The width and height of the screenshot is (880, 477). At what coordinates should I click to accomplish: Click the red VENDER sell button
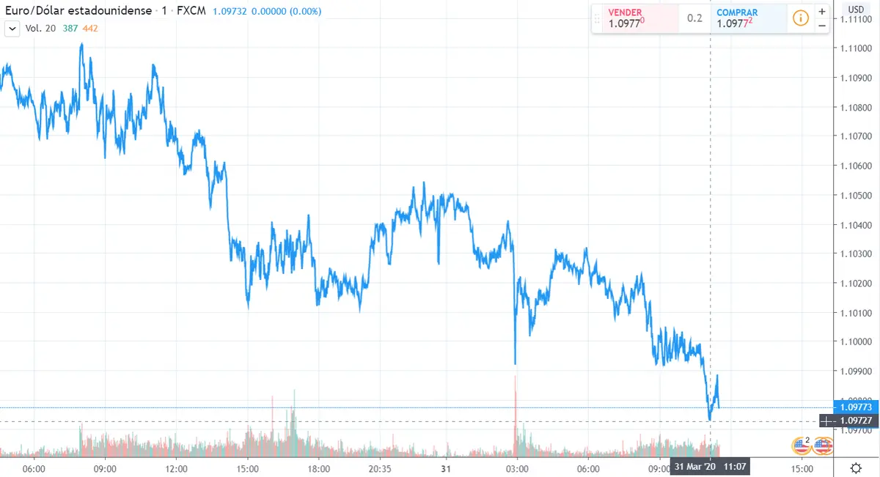(x=634, y=18)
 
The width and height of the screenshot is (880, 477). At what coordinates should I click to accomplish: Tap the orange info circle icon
(x=801, y=18)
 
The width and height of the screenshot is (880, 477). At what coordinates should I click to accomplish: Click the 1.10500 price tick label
(x=856, y=195)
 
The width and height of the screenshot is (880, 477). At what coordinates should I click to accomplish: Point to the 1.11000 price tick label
(x=856, y=48)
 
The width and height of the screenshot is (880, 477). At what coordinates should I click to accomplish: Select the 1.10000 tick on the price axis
(x=856, y=341)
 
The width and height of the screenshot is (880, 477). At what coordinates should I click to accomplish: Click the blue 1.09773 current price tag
(x=856, y=407)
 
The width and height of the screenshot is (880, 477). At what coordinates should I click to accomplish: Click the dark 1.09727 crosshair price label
(x=856, y=421)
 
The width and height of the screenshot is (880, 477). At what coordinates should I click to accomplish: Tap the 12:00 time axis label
(x=177, y=468)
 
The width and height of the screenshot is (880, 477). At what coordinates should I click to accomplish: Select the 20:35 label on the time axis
(x=379, y=468)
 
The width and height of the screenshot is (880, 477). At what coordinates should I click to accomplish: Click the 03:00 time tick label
(x=516, y=468)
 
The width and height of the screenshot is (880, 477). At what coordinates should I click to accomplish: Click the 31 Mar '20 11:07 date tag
(x=710, y=467)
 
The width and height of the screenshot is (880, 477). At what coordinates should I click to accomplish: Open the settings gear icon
(x=856, y=468)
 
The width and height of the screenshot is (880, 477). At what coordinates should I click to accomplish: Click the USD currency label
(x=856, y=10)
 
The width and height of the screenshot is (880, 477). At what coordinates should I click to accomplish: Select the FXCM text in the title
(x=192, y=11)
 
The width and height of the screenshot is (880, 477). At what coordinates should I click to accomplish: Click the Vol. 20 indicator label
(x=40, y=28)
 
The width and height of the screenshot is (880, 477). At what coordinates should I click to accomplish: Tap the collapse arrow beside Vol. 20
(x=12, y=28)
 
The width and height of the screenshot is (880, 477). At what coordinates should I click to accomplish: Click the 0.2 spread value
(x=694, y=18)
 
